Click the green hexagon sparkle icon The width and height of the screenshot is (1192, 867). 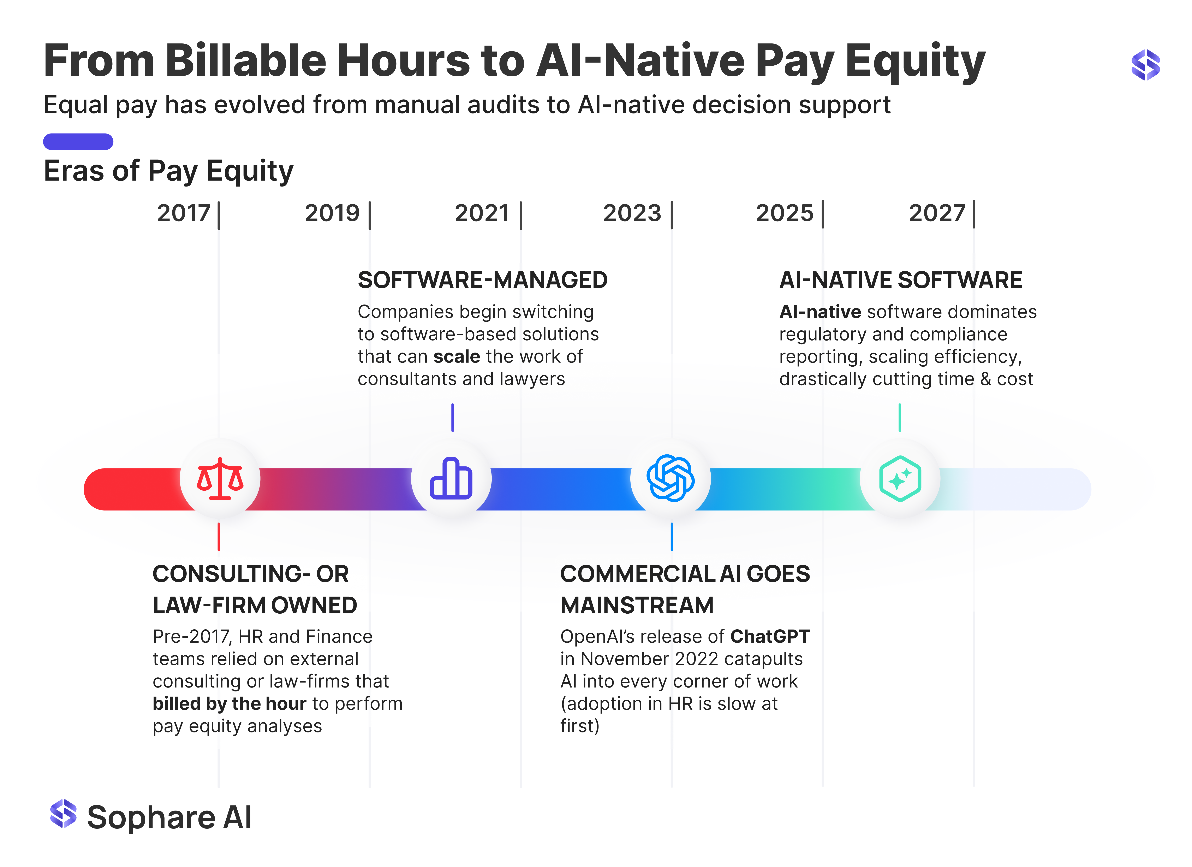900,478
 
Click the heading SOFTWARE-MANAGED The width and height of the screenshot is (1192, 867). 482,280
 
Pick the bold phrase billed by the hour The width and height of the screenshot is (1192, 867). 230,703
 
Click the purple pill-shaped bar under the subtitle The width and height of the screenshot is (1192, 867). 78,142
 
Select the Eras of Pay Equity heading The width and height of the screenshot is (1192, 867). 169,171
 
